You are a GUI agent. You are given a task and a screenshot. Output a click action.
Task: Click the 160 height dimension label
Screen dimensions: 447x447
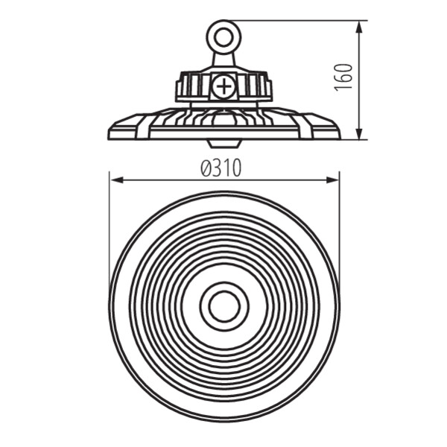tap(343, 77)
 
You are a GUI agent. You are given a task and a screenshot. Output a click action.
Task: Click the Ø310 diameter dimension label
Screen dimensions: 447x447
tap(221, 168)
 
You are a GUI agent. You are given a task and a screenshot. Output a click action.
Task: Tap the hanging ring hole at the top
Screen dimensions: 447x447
tap(223, 37)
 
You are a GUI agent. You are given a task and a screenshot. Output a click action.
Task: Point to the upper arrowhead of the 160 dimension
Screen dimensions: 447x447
tap(360, 28)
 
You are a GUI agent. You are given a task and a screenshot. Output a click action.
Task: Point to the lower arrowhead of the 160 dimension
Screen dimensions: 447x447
tap(360, 133)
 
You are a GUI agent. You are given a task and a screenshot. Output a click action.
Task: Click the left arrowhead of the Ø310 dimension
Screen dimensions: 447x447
tap(117, 180)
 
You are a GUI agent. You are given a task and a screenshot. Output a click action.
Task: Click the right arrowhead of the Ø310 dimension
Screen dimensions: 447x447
tap(332, 180)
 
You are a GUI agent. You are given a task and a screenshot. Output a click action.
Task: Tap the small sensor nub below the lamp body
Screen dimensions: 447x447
tap(223, 144)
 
